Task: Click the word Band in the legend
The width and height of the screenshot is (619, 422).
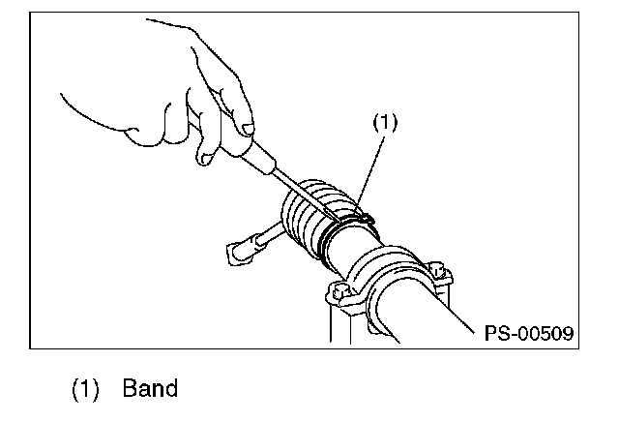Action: (150, 389)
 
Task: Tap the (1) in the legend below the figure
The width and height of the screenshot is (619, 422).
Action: (87, 389)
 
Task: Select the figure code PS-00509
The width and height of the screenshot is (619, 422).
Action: (530, 332)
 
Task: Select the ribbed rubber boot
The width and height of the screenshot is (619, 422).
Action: (309, 218)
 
